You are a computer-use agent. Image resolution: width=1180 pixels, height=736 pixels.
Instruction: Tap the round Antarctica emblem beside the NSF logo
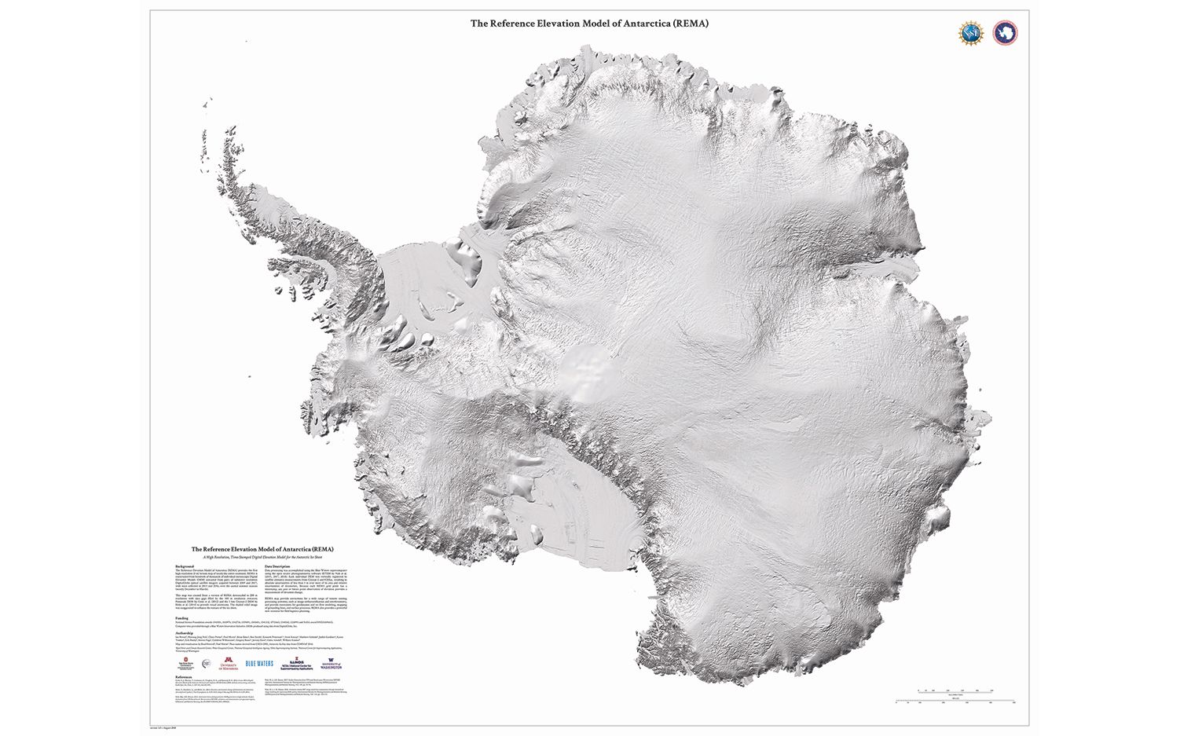1004,33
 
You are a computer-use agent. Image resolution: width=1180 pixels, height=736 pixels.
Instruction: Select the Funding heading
181,617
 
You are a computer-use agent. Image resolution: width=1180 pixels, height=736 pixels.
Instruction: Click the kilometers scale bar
955,690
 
